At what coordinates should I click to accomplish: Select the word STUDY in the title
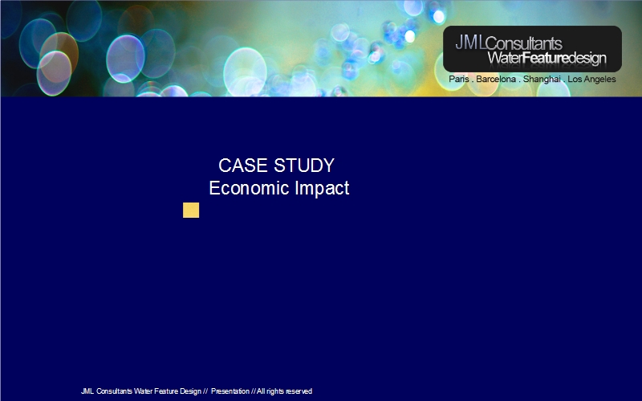pos(304,166)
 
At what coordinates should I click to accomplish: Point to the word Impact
pos(322,189)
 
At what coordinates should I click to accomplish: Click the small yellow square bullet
pos(191,210)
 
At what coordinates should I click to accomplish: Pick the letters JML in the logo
pos(470,43)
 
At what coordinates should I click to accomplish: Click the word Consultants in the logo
pos(524,43)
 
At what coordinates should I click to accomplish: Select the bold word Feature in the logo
pos(546,58)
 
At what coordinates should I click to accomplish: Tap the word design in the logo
pos(587,58)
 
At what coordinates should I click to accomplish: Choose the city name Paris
pos(459,79)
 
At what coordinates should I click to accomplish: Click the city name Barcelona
pos(496,79)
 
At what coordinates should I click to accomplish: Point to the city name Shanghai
pos(542,79)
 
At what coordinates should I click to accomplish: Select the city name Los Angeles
pos(591,79)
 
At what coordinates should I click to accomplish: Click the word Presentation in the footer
pos(230,391)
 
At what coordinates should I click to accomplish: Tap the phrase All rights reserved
pos(285,391)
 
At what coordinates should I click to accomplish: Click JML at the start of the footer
pos(87,391)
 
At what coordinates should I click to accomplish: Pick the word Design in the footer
pos(190,391)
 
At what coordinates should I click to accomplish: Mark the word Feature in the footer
pos(166,391)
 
